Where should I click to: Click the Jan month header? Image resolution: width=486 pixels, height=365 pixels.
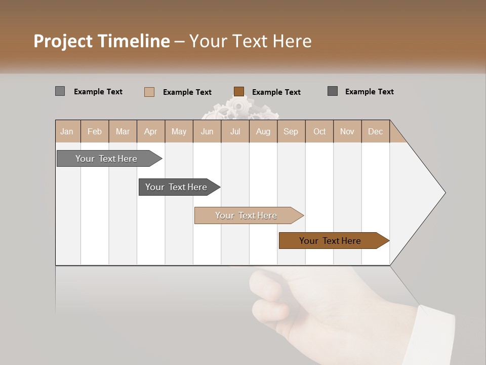pyautogui.click(x=67, y=131)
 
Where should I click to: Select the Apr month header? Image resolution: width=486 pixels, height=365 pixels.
pyautogui.click(x=151, y=131)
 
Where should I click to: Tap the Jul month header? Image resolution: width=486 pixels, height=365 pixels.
pyautogui.click(x=235, y=131)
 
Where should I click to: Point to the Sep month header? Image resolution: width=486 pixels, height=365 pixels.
pyautogui.click(x=291, y=131)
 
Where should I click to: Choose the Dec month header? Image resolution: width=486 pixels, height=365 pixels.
pyautogui.click(x=375, y=131)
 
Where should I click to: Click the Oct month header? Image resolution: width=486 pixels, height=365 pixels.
pyautogui.click(x=319, y=131)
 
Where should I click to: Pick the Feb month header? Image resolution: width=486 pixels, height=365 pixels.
pyautogui.click(x=95, y=131)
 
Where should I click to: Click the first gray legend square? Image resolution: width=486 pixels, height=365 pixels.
pyautogui.click(x=60, y=91)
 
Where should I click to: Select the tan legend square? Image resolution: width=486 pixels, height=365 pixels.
pyautogui.click(x=149, y=92)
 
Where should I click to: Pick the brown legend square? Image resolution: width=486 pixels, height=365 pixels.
pyautogui.click(x=239, y=92)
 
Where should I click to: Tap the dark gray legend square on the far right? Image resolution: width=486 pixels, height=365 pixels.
pyautogui.click(x=333, y=91)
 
